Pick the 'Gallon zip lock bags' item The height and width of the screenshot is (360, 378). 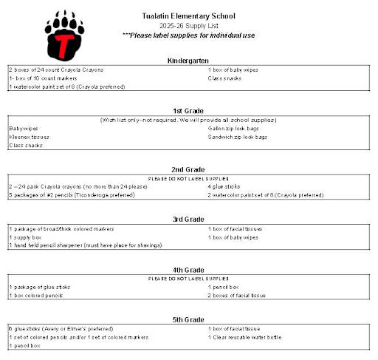tap(234, 129)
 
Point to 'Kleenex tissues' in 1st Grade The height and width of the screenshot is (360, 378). tap(30, 137)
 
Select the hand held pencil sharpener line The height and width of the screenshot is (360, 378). tap(86, 245)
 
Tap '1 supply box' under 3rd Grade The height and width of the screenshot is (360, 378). tap(27, 237)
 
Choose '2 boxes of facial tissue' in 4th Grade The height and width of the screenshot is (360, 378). tap(237, 296)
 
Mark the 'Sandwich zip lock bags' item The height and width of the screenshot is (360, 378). tap(238, 137)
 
